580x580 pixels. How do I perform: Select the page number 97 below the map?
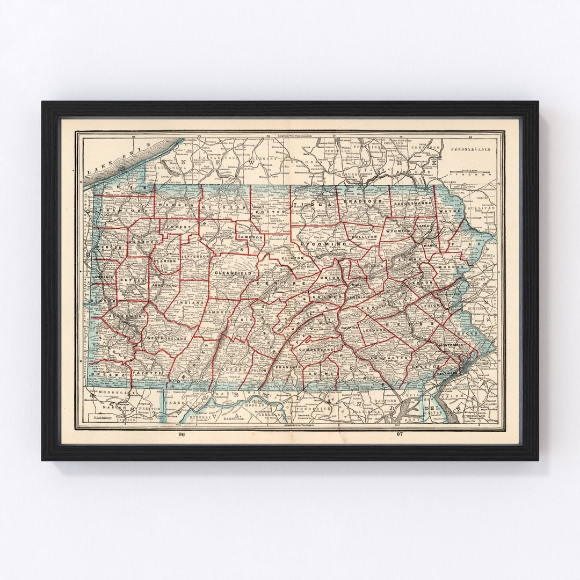(x=398, y=434)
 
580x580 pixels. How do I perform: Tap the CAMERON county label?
(x=250, y=237)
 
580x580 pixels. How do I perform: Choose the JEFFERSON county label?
(x=195, y=257)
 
